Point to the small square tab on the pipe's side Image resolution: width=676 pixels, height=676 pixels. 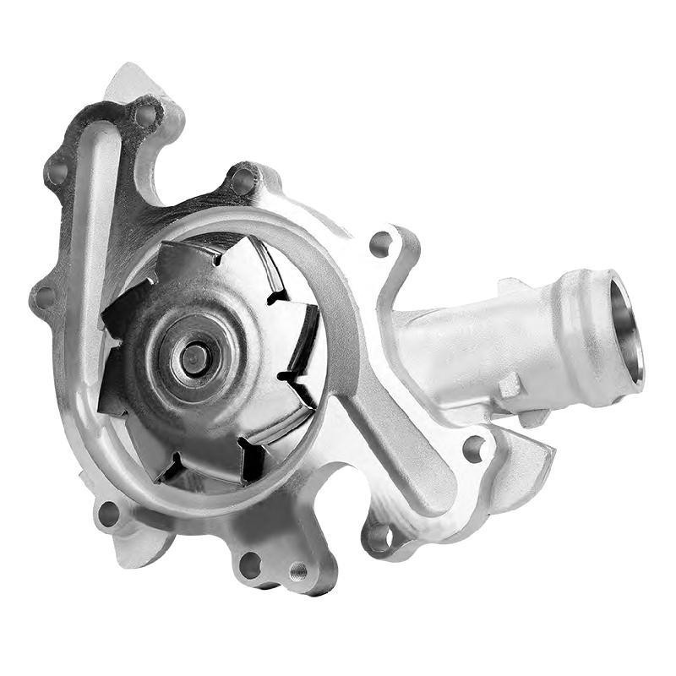(510, 386)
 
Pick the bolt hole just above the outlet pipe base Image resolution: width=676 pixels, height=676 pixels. (381, 243)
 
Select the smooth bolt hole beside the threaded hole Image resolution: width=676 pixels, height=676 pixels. (250, 564)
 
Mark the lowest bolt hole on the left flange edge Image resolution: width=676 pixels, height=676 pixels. (45, 297)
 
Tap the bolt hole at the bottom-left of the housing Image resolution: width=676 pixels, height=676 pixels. (108, 512)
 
